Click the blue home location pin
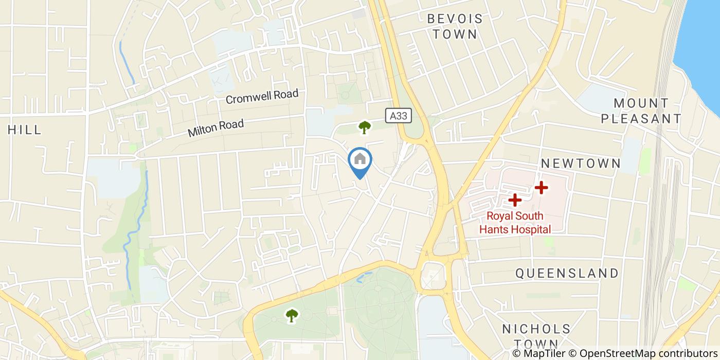(x=360, y=161)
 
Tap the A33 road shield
(x=399, y=116)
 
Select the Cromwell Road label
(x=262, y=96)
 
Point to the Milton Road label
(x=215, y=128)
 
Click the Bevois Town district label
(x=455, y=27)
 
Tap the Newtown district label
(x=581, y=164)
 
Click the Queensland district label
(x=567, y=273)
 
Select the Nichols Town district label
(x=536, y=336)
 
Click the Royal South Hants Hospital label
(x=515, y=223)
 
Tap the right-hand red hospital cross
(x=541, y=188)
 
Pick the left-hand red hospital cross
(x=515, y=200)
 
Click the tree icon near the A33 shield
(x=365, y=127)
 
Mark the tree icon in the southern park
(x=292, y=315)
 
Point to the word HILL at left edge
(x=25, y=130)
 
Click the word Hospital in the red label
(x=530, y=229)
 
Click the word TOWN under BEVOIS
(x=455, y=35)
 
